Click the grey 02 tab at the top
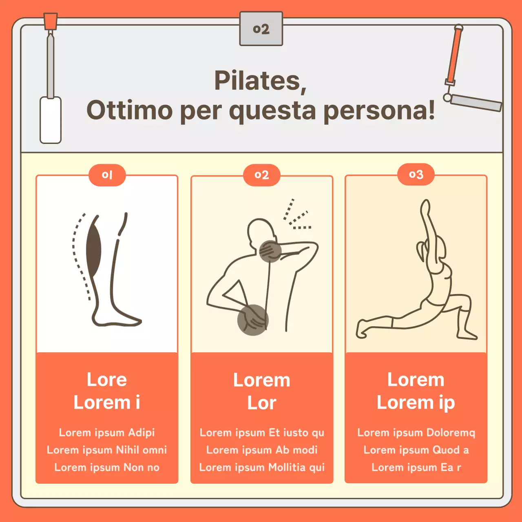[x=261, y=29]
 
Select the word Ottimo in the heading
[x=130, y=110]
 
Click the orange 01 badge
[x=107, y=175]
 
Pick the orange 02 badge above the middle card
[x=262, y=175]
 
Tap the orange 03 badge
[x=416, y=175]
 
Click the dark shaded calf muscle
[x=93, y=246]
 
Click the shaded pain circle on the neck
[x=270, y=251]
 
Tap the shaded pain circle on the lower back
[x=253, y=320]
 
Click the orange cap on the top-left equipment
[x=51, y=21]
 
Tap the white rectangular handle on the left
[x=51, y=120]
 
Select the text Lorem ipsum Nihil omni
[x=107, y=450]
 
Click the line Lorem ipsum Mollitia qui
[x=262, y=467]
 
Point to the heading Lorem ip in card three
[x=416, y=403]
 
